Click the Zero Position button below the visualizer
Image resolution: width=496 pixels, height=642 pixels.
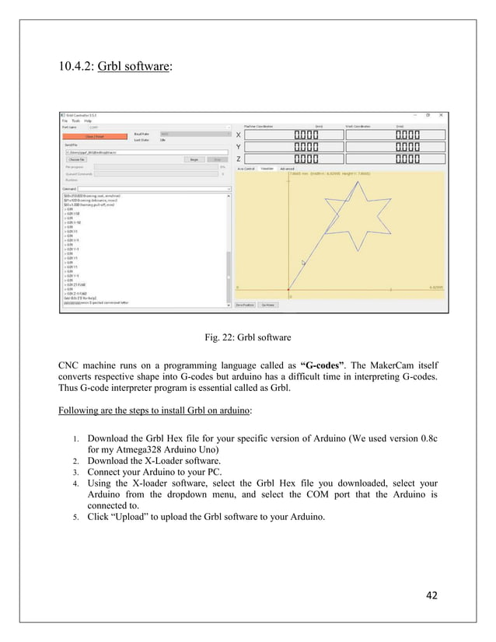coord(245,305)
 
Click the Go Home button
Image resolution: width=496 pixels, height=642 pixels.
coord(267,305)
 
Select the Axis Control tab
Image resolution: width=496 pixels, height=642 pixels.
coord(246,168)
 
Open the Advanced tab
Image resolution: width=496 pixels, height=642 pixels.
coord(288,168)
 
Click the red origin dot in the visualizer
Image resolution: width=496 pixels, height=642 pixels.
coord(289,292)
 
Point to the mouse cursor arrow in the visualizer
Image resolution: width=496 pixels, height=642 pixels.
coord(303,263)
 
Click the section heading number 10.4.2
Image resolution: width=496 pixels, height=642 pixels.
coord(76,65)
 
